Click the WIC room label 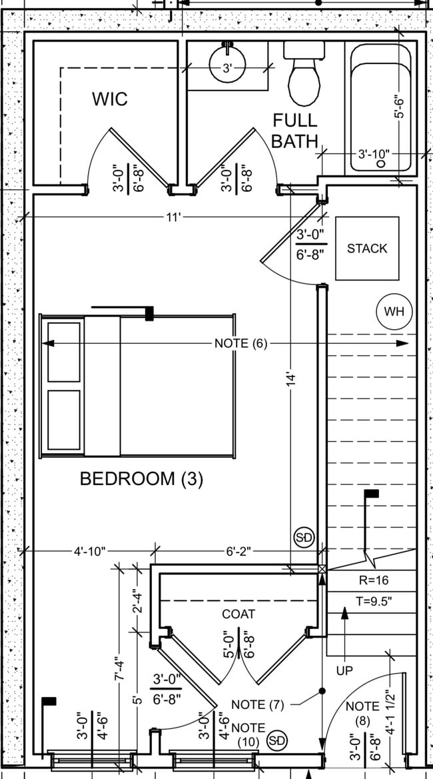pyautogui.click(x=110, y=99)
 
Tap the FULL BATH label pyautogui.click(x=294, y=130)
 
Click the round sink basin pyautogui.click(x=227, y=65)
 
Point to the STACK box pyautogui.click(x=367, y=249)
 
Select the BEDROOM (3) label pyautogui.click(x=141, y=478)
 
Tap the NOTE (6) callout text pyautogui.click(x=240, y=344)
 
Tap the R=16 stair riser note pyautogui.click(x=372, y=580)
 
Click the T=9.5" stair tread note pyautogui.click(x=373, y=600)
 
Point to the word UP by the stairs pyautogui.click(x=344, y=670)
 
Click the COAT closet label pyautogui.click(x=238, y=614)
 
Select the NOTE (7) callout pyautogui.click(x=258, y=704)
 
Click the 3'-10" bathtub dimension pyautogui.click(x=373, y=154)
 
